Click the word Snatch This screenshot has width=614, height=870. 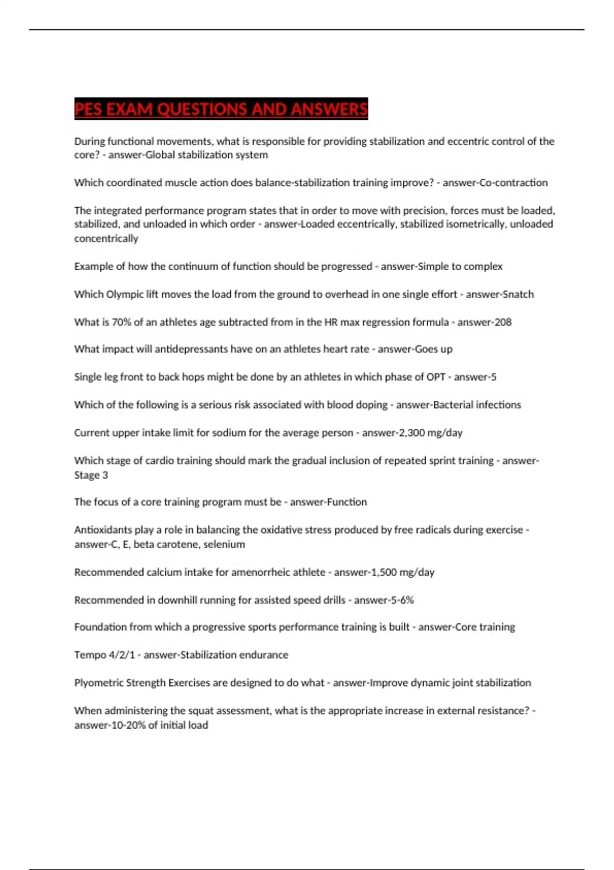point(517,294)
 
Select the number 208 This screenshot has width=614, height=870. point(502,322)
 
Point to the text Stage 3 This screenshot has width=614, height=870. point(91,475)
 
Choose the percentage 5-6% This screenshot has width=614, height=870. point(402,600)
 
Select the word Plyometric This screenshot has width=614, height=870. point(98,683)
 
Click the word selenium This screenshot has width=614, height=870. point(224,545)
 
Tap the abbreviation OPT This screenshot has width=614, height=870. point(435,377)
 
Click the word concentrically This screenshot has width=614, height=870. point(106,238)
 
